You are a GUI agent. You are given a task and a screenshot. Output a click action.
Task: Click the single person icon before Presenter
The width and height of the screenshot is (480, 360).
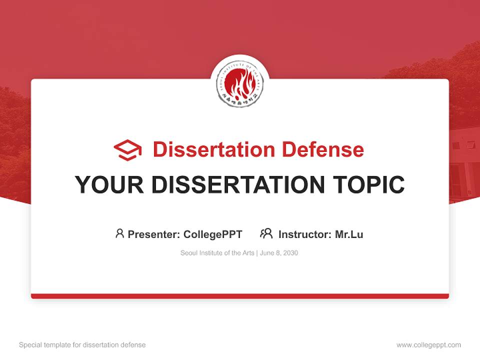coord(119,233)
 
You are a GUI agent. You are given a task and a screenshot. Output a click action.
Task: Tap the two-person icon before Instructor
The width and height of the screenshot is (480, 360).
coord(266,233)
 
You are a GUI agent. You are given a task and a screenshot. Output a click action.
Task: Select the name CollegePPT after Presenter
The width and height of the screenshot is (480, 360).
coord(213,234)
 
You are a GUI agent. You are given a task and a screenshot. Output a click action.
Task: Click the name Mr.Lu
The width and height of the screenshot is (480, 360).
coord(349,234)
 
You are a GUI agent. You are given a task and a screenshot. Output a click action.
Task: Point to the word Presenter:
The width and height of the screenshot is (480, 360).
coord(154,234)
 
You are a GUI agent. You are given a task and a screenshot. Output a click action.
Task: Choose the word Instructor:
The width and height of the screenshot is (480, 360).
coord(305,234)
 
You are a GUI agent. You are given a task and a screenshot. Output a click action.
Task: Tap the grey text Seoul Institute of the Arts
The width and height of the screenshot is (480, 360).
coord(217,253)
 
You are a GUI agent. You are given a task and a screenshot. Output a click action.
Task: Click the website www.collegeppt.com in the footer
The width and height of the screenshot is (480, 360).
coord(428,345)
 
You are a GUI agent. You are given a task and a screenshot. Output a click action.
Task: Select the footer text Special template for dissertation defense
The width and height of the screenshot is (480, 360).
coord(82,345)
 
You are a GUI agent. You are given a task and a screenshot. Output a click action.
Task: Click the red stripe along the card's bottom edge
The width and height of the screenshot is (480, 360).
coord(240,296)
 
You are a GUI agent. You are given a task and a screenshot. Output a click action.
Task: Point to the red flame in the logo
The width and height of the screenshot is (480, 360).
coord(240,82)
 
